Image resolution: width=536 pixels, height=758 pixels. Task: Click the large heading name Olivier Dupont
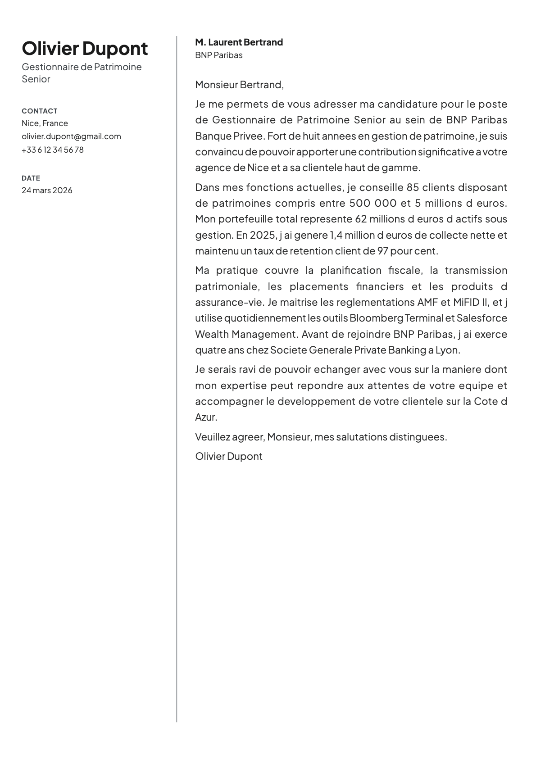point(85,49)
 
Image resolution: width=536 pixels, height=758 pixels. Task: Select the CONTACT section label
point(40,111)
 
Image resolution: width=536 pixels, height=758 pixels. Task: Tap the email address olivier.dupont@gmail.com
point(71,136)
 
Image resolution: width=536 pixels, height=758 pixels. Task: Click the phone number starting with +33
point(52,150)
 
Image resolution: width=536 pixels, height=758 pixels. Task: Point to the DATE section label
point(31,178)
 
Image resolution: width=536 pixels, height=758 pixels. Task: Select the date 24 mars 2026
point(47,190)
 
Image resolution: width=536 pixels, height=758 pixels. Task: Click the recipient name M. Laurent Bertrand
point(239,42)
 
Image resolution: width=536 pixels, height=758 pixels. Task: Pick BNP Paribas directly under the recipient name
point(218,55)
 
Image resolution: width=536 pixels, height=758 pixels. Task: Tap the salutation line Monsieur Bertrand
point(239,84)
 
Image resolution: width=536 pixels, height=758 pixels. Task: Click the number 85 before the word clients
point(413,187)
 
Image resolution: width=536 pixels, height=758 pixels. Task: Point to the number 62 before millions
point(361,219)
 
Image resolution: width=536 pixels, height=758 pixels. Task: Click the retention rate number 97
point(383,251)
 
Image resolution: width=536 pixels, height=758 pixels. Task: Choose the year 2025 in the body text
point(261,235)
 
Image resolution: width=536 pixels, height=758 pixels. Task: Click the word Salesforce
point(481,318)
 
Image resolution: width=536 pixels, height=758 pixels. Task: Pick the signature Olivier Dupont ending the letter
point(228,456)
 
